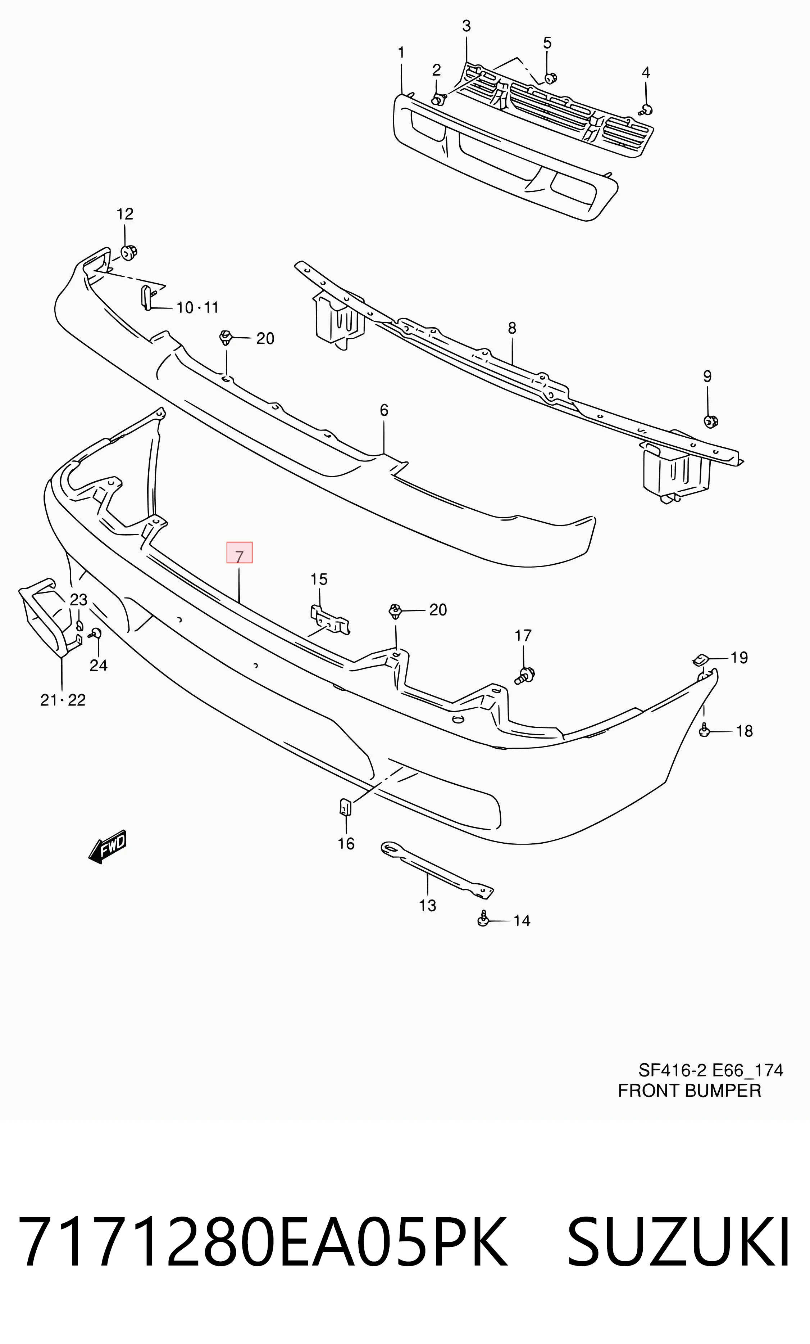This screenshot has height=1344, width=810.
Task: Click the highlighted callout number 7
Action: [239, 553]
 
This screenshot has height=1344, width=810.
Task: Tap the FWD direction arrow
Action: [108, 847]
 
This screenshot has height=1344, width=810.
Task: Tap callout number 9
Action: [707, 376]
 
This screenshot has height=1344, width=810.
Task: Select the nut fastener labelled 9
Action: [710, 421]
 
